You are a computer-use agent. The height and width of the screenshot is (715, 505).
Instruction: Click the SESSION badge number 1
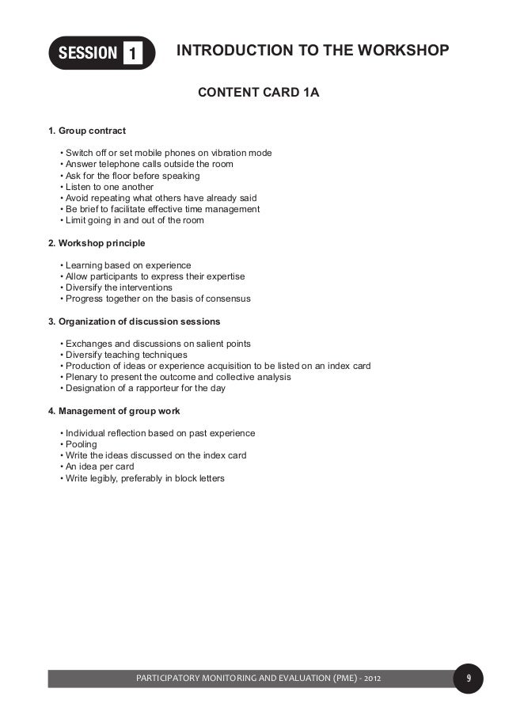[132, 55]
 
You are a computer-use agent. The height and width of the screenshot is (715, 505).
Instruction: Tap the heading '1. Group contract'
[88, 130]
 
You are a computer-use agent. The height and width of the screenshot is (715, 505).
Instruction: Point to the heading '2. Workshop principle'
[97, 242]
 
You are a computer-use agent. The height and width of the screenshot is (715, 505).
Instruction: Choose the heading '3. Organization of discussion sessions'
[135, 321]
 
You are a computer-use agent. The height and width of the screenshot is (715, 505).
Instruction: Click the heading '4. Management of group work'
[114, 411]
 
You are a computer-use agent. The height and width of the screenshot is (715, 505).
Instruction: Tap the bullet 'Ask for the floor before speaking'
[131, 176]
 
